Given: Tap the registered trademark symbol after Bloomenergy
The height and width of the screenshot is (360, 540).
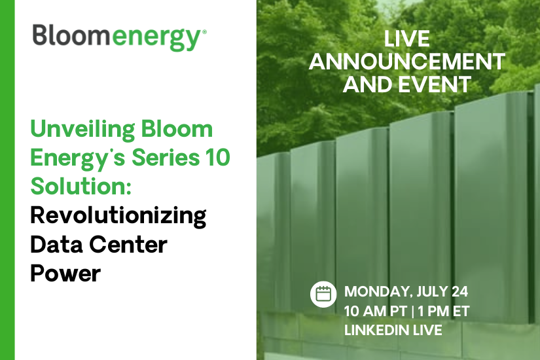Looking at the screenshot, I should click(204, 31).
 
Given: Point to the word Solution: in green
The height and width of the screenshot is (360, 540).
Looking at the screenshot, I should click(82, 186).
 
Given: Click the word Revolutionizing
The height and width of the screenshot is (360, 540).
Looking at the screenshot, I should click(118, 215).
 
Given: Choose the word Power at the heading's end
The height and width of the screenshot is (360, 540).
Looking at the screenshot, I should click(65, 272).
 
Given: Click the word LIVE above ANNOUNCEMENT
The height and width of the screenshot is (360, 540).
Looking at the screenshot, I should click(406, 39).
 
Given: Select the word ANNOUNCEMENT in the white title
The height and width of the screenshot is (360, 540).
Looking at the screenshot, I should click(406, 62).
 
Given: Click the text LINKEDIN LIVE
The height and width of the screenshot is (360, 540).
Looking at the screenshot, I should click(393, 330).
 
